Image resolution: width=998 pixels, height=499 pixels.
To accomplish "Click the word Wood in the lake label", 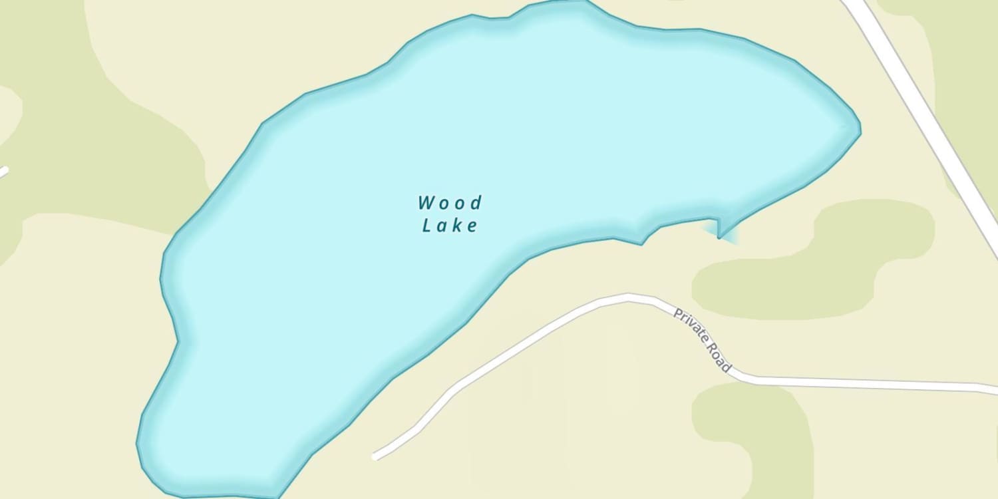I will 450,202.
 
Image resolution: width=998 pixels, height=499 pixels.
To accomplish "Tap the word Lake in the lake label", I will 450,226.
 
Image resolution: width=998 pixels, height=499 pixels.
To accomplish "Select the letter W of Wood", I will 426,202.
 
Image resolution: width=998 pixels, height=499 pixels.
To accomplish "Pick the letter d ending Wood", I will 475,202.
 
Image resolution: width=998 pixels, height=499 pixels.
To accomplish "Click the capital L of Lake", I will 428,226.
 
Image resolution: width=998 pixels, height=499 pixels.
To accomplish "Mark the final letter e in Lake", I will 472,226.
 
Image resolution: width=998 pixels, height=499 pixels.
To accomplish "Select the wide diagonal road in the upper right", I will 925,120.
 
